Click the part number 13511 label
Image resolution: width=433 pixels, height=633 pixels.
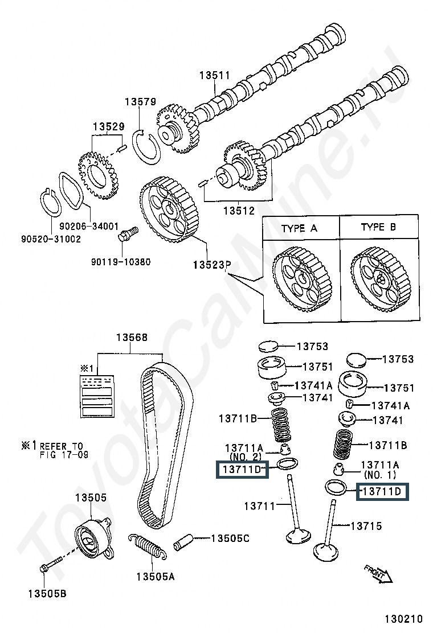click(214, 75)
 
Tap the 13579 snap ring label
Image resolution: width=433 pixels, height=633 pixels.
click(140, 102)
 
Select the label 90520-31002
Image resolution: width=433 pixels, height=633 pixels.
click(51, 239)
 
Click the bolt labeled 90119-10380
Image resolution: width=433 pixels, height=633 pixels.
click(128, 233)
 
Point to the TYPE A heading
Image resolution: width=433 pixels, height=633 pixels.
click(299, 228)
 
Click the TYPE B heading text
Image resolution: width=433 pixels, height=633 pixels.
click(378, 227)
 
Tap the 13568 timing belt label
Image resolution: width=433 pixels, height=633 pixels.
click(132, 337)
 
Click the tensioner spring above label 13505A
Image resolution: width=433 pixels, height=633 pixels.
click(146, 546)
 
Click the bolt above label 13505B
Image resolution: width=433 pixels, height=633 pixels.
click(51, 564)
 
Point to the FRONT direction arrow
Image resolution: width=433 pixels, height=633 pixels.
click(378, 574)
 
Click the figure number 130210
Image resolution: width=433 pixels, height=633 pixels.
click(403, 619)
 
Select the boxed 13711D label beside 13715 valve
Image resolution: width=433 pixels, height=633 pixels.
click(382, 492)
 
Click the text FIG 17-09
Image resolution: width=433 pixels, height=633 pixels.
click(64, 455)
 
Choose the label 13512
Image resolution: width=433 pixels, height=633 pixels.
click(239, 210)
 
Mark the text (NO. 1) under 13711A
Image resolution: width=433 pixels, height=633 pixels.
click(379, 475)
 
